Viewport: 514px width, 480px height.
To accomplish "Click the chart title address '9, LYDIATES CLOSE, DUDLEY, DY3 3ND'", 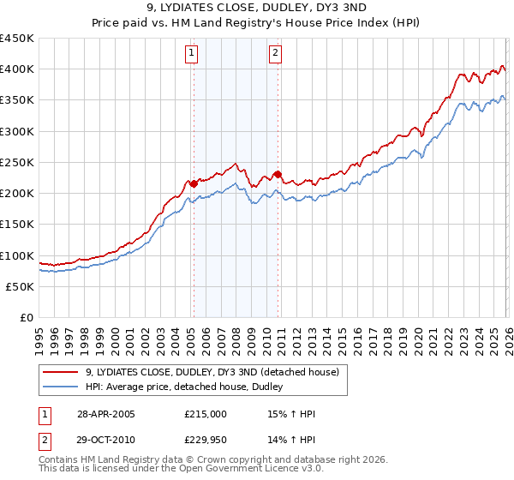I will coord(256,9).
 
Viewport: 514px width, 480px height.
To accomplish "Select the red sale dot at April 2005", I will coord(194,183).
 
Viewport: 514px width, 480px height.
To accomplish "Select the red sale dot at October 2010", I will coord(278,174).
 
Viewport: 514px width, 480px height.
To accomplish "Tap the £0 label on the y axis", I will coord(27,317).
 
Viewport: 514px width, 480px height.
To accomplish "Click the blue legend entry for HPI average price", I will coord(188,387).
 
